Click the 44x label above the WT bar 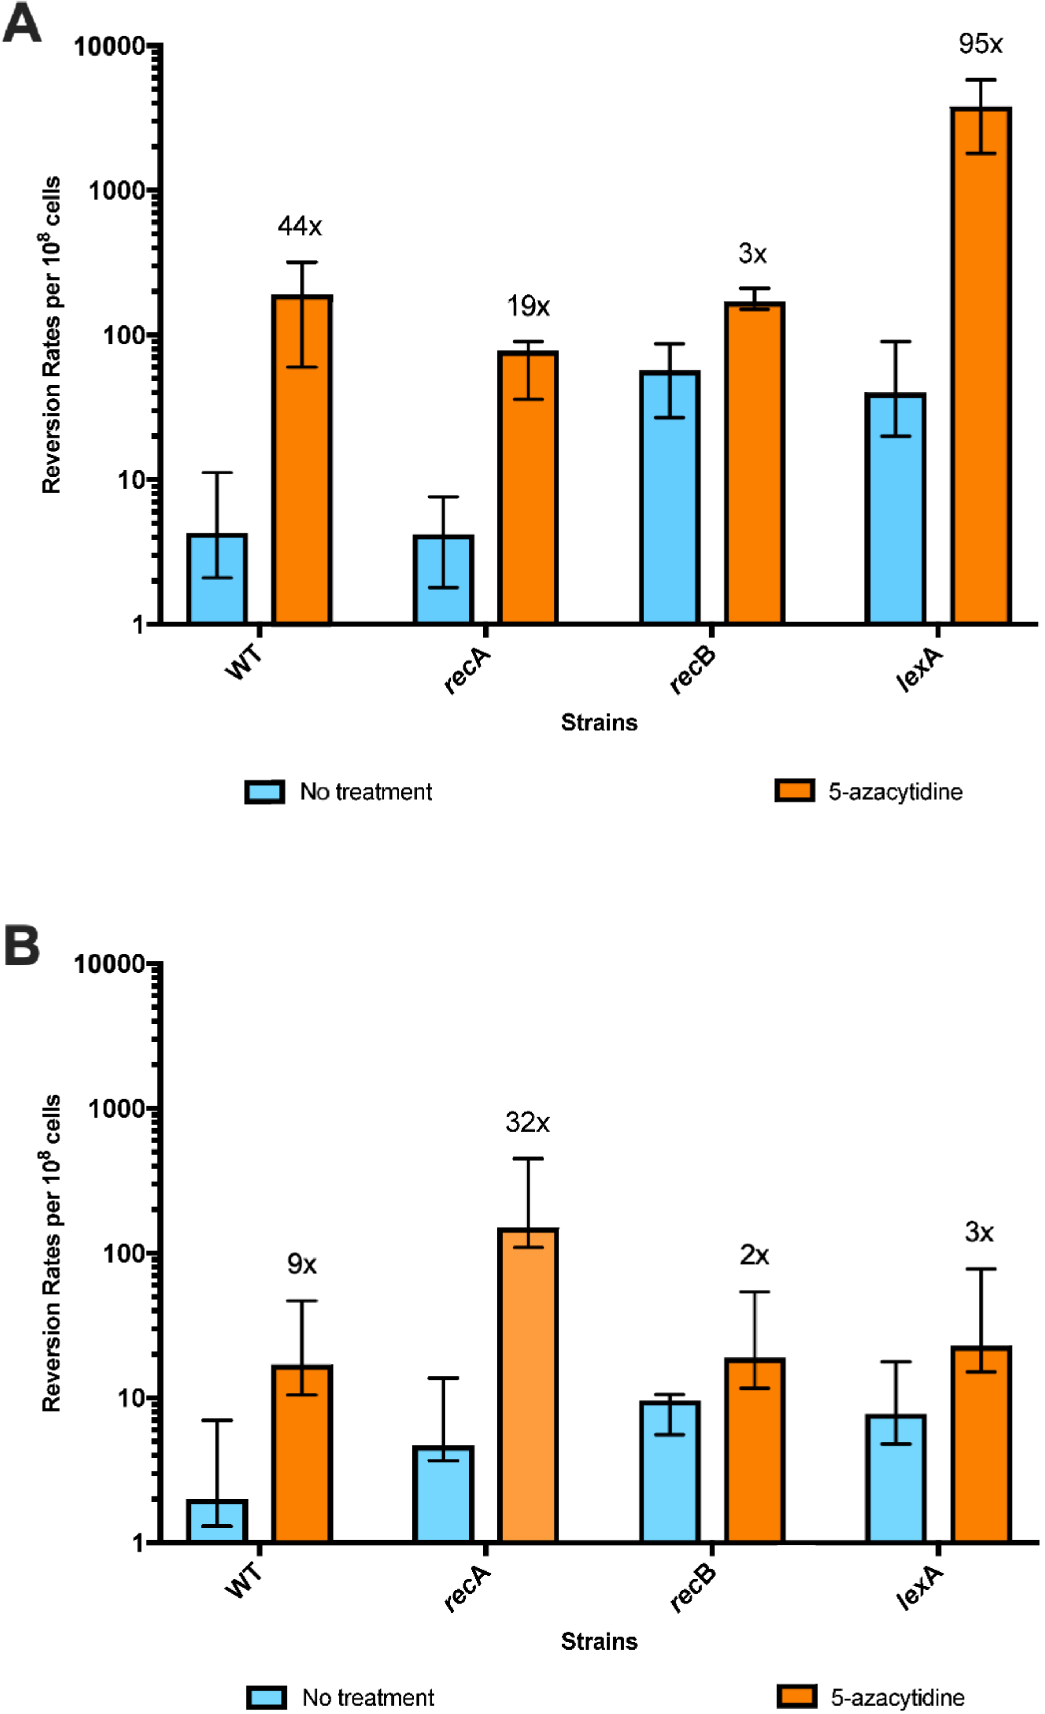[300, 227]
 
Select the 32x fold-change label [527, 1122]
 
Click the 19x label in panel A [527, 306]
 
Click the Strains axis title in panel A [599, 723]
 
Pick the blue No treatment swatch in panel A [264, 791]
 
